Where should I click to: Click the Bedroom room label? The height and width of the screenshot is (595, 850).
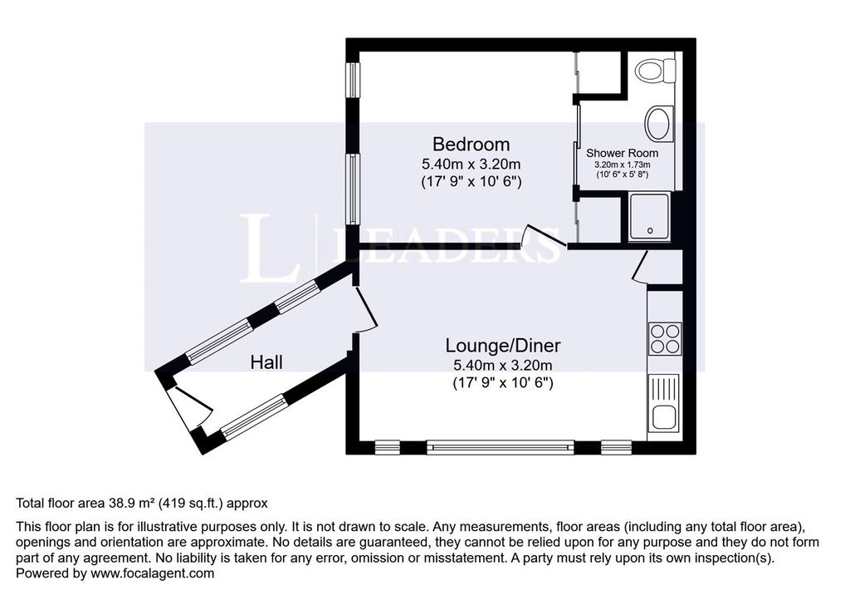(471, 144)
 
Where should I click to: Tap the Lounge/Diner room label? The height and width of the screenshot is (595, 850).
(502, 345)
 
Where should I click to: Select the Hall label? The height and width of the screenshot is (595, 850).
(266, 362)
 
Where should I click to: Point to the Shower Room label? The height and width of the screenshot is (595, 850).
(622, 153)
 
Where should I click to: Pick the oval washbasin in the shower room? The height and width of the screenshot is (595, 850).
(658, 123)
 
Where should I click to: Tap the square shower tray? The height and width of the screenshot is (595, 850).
(649, 217)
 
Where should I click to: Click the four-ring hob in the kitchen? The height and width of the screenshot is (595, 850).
(665, 339)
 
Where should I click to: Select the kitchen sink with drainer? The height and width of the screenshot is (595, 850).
(664, 403)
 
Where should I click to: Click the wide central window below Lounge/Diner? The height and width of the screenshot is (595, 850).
(500, 447)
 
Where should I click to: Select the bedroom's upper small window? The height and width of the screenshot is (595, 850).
(354, 80)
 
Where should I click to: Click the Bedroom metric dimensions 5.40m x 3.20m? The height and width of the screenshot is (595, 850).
(471, 164)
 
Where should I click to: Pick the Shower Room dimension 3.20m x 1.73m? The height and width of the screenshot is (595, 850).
(623, 165)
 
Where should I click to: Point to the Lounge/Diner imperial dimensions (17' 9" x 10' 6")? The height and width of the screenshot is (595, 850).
(502, 383)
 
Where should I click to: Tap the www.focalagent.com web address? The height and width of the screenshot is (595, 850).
(153, 573)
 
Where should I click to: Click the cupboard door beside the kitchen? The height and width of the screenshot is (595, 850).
(640, 266)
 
